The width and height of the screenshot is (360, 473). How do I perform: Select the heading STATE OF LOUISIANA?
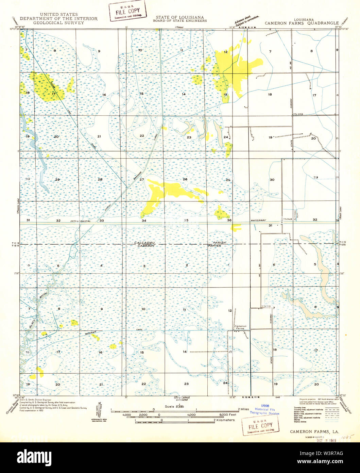(x=180, y=17)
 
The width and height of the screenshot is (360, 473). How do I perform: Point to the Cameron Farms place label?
(x=240, y=327)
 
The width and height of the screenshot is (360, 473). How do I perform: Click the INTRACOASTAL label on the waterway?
(x=82, y=221)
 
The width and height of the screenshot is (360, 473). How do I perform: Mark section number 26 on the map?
(x=185, y=179)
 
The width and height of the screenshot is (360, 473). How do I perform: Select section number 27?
(x=142, y=179)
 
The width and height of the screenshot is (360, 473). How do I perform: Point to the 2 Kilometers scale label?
(x=224, y=420)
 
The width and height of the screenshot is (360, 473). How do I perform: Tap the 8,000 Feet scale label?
(x=228, y=415)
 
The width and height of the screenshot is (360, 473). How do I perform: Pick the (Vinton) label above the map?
(x=179, y=27)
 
